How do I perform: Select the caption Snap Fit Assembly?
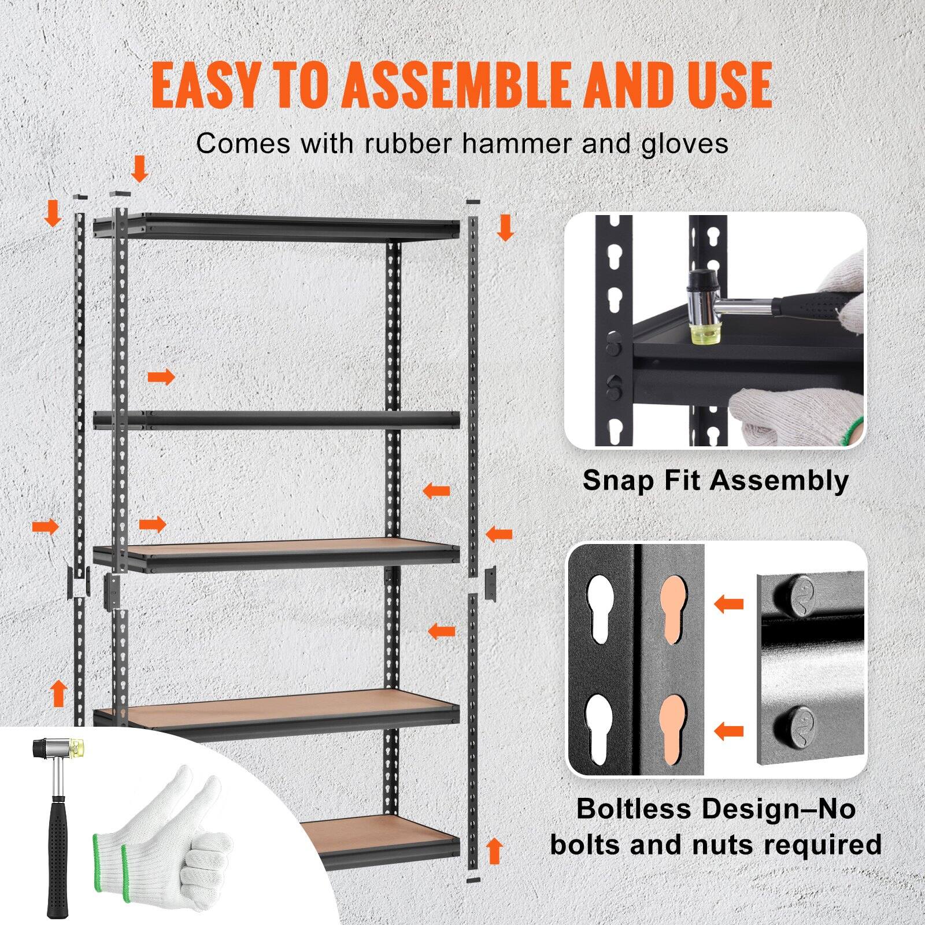715,480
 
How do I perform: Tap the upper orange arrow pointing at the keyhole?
728,605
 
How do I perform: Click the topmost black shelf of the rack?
277,227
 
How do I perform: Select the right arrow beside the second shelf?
161,378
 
